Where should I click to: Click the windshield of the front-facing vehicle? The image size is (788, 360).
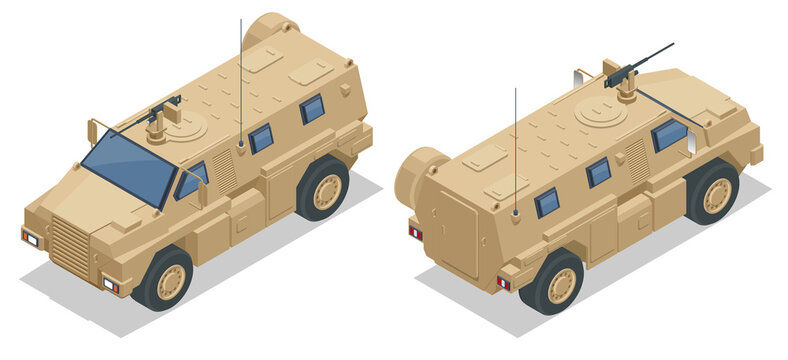click(128, 164)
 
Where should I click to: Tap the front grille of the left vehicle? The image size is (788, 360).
click(70, 246)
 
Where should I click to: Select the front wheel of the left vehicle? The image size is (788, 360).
click(166, 281)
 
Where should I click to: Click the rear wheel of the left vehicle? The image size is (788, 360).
click(323, 189)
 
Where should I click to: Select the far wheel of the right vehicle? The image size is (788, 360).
click(714, 193)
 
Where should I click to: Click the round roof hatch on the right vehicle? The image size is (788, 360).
click(601, 115)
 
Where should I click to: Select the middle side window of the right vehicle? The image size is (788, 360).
click(598, 172)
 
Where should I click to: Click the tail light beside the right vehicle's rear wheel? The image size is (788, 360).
click(503, 283)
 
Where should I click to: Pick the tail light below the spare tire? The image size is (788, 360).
click(415, 233)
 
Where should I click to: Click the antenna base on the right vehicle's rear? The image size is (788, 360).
click(515, 214)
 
